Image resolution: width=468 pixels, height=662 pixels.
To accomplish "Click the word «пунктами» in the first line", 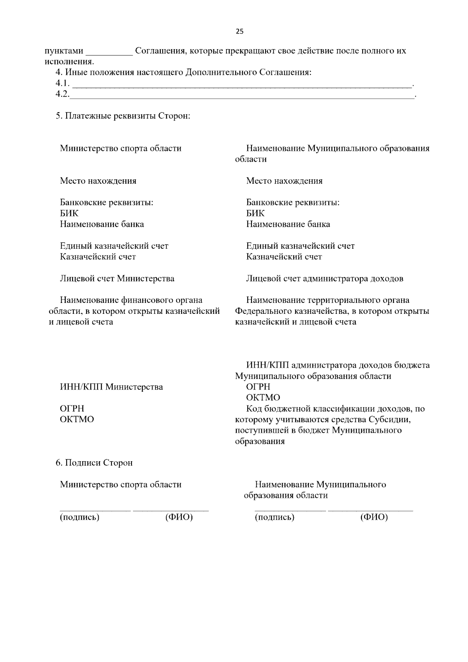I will pyautogui.click(x=64, y=51).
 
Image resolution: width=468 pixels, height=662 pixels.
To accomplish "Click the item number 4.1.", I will pyautogui.click(x=62, y=83).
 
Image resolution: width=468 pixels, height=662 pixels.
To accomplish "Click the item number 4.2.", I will pyautogui.click(x=62, y=94).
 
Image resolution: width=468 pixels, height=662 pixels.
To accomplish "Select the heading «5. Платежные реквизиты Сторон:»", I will pyautogui.click(x=123, y=116).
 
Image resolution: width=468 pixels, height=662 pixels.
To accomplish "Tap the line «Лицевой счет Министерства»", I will pyautogui.click(x=117, y=279).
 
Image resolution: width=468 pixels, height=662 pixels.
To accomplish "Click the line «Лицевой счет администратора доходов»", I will pyautogui.click(x=324, y=279).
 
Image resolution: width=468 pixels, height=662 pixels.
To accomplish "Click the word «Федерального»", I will pyautogui.click(x=262, y=311).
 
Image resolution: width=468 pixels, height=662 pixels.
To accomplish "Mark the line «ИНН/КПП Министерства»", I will pyautogui.click(x=111, y=387).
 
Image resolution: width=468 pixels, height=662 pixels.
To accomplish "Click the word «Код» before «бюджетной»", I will pyautogui.click(x=254, y=409).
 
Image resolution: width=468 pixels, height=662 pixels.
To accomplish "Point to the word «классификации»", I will pyautogui.click(x=340, y=409).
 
